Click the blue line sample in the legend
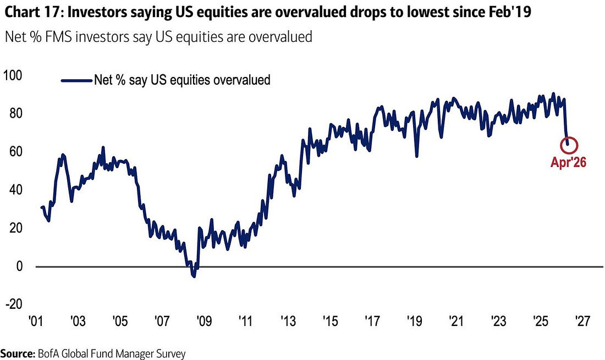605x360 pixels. tap(76, 80)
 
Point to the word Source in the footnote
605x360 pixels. tap(16, 353)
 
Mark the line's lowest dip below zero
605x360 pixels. tap(194, 276)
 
